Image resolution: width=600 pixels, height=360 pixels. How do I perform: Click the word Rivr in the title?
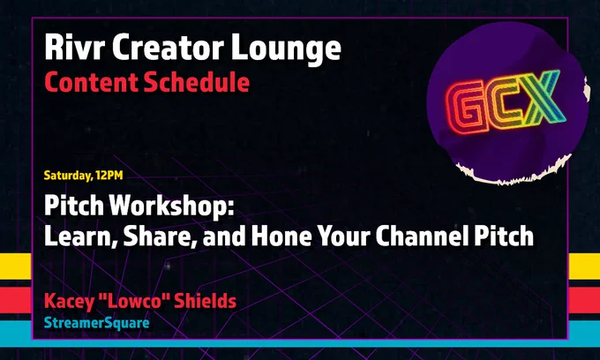75,47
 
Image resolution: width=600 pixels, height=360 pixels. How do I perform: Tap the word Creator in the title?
168,47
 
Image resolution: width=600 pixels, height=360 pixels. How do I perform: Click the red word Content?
91,82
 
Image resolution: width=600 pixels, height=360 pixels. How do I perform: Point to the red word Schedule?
197,81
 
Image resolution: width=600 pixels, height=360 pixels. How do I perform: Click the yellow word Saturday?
69,176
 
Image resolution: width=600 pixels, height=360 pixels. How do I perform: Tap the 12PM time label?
109,176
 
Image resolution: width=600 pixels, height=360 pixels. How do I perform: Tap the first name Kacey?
69,302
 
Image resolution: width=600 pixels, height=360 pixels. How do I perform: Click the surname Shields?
206,301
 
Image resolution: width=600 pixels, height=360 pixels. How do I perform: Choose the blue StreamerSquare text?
97,323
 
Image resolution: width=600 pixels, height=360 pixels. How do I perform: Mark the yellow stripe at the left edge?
16,266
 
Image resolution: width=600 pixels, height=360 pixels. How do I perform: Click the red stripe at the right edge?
584,300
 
